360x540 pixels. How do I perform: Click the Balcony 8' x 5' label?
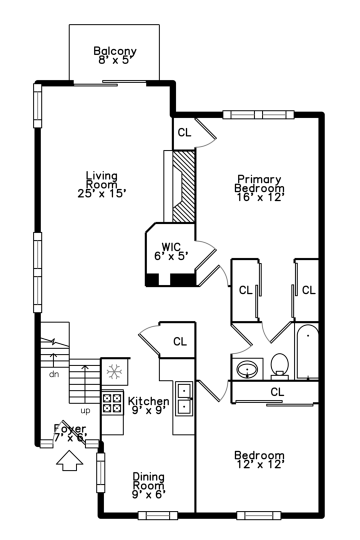pyautogui.click(x=115, y=55)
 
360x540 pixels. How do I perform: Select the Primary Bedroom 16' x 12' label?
pyautogui.click(x=259, y=188)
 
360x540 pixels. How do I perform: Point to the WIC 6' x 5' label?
pyautogui.click(x=171, y=251)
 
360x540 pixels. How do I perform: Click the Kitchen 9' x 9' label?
pyautogui.click(x=148, y=405)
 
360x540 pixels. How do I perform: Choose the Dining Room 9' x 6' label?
pyautogui.click(x=149, y=485)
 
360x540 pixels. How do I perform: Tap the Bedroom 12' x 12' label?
pyautogui.click(x=259, y=460)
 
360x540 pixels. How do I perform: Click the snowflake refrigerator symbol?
pyautogui.click(x=114, y=371)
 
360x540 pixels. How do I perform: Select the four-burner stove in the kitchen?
pyautogui.click(x=112, y=403)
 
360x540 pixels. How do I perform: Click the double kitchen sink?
pyautogui.click(x=184, y=398)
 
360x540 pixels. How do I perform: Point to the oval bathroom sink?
pyautogui.click(x=247, y=369)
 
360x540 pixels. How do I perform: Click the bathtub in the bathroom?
pyautogui.click(x=307, y=351)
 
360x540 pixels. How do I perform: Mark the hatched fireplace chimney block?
pyautogui.click(x=184, y=186)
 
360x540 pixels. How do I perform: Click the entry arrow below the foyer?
pyautogui.click(x=69, y=460)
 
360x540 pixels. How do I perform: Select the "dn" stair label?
pyautogui.click(x=54, y=374)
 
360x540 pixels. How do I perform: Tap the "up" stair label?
pyautogui.click(x=85, y=411)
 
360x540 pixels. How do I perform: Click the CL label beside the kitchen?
pyautogui.click(x=180, y=341)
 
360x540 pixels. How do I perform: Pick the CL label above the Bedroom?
pyautogui.click(x=277, y=392)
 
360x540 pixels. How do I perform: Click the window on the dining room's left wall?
pyautogui.click(x=100, y=472)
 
